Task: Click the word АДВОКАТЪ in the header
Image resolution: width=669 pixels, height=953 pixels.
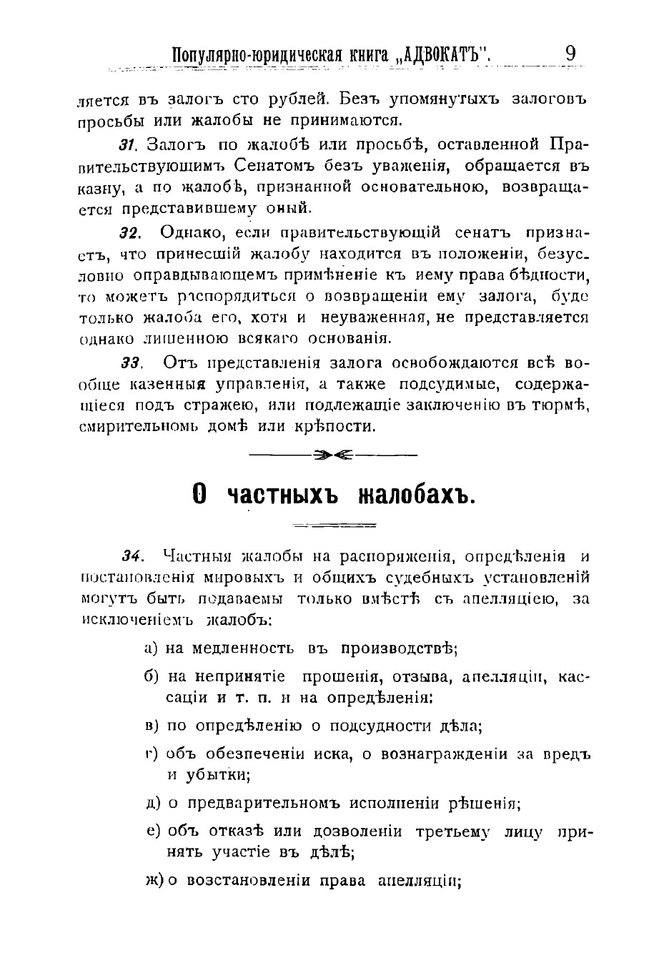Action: coord(443,55)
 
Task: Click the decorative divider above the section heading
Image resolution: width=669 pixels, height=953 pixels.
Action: coord(333,453)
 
